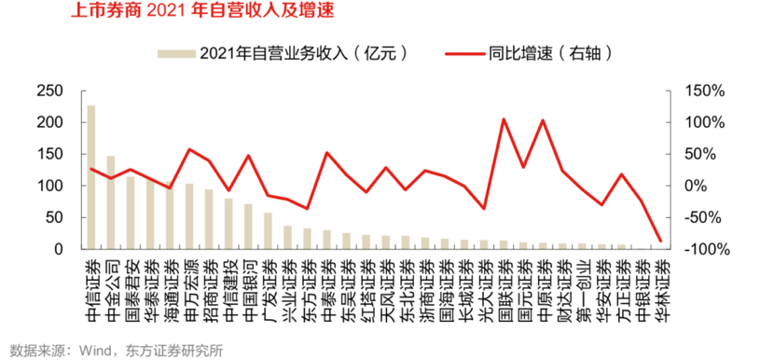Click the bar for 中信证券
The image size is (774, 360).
click(90, 177)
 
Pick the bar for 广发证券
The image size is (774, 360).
click(268, 231)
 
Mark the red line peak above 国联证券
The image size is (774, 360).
click(504, 119)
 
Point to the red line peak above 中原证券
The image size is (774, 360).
click(543, 120)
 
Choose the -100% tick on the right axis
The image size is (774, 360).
click(702, 249)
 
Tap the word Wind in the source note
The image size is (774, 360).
click(94, 351)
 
